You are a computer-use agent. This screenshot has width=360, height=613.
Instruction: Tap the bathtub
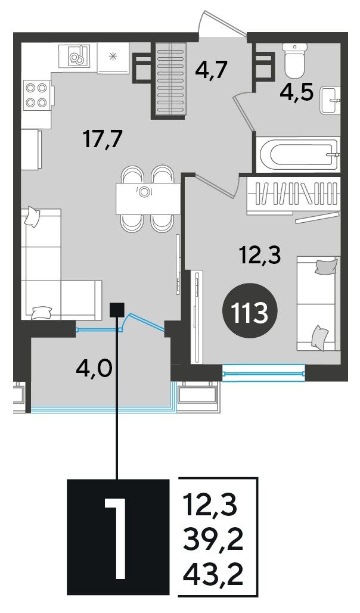(298, 154)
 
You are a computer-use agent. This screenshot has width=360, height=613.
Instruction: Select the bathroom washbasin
(330, 101)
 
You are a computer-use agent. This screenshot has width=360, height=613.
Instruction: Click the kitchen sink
(75, 57)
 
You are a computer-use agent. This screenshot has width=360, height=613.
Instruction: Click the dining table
(148, 199)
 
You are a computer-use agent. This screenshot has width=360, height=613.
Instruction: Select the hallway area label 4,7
(210, 70)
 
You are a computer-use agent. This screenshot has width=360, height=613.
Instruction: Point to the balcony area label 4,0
(94, 368)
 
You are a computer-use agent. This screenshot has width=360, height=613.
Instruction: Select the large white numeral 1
(116, 539)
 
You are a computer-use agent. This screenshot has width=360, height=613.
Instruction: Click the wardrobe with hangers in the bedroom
(293, 195)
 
